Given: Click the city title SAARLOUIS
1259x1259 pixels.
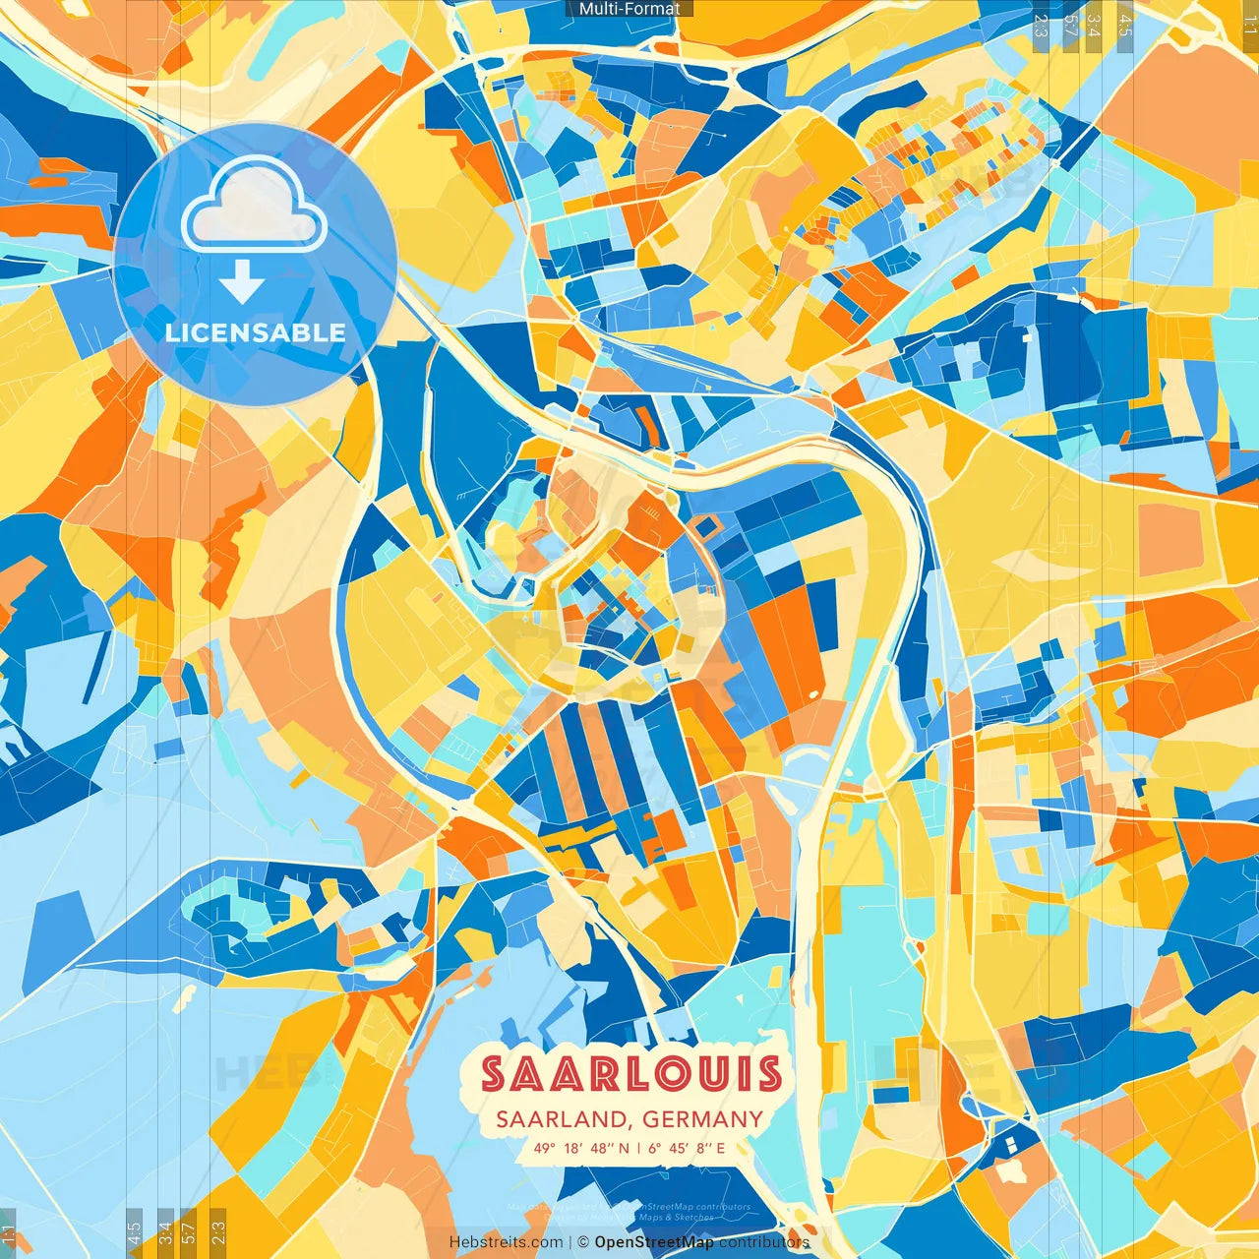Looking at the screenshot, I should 630,1074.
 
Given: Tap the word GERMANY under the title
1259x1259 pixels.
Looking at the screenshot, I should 703,1119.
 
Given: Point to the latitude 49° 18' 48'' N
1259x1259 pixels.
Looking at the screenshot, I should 581,1148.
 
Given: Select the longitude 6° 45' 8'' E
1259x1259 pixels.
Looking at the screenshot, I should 687,1148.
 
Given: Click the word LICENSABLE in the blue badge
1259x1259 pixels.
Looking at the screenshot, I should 256,332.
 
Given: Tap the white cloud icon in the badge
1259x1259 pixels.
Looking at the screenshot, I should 254,207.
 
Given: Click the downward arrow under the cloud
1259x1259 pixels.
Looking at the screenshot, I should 242,281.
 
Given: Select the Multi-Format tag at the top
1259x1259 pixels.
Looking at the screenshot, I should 629,9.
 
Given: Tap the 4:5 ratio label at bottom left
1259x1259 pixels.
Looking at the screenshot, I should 135,1231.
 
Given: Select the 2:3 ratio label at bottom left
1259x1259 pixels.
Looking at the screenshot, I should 218,1231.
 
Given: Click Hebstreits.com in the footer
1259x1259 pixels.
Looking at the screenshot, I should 507,1242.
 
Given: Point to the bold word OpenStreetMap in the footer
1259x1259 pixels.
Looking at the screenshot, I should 654,1242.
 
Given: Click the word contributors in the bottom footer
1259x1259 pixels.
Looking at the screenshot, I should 764,1242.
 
